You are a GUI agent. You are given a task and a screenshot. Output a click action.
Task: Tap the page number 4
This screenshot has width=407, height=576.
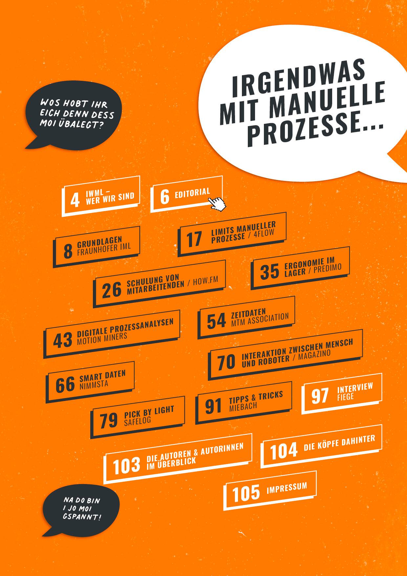[75, 200]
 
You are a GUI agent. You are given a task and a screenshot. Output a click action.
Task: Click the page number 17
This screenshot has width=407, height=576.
[194, 239]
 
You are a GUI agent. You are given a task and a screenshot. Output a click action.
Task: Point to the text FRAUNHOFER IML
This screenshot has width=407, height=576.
[104, 248]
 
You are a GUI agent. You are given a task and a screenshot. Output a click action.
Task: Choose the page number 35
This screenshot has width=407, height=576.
[270, 272]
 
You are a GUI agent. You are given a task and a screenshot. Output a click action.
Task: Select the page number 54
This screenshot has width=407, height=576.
[216, 321]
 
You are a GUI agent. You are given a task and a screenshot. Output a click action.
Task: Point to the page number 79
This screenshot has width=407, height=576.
[109, 421]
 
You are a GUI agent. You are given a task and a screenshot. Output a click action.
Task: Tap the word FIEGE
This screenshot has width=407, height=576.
[345, 396]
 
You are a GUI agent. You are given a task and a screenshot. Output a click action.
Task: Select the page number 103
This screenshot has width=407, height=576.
[126, 466]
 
